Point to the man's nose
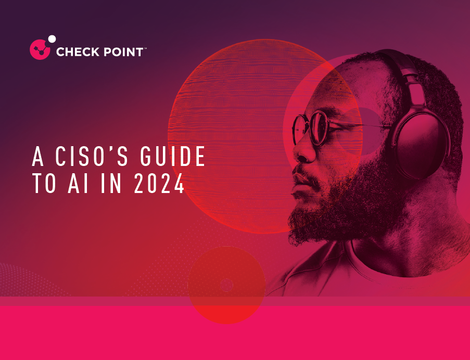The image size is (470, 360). coord(301,151)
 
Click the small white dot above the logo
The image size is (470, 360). coord(52,38)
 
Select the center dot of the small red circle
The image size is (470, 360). coord(226,285)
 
